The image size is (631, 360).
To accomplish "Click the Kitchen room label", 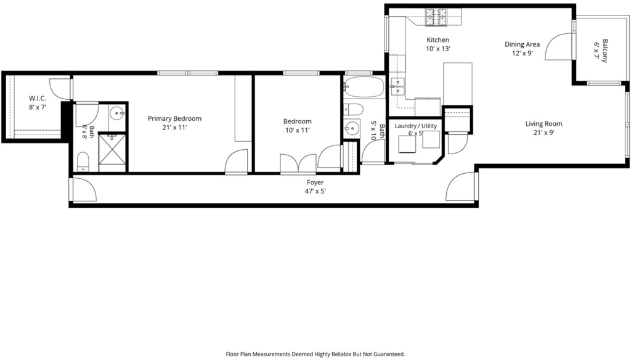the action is (438, 40).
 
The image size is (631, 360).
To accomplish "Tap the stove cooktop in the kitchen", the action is (437, 17).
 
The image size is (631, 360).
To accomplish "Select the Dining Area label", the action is (523, 44).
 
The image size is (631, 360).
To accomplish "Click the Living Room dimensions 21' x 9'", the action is (544, 133).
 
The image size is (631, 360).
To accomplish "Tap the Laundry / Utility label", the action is (416, 126).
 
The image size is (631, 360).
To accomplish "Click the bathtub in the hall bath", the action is (364, 87).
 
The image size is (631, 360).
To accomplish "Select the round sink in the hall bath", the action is (352, 128).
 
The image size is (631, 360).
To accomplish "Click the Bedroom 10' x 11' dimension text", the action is (298, 130).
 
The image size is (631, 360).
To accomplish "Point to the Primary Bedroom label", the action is (174, 118).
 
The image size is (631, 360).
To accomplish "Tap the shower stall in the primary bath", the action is (112, 149).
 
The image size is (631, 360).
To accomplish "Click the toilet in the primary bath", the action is (83, 162).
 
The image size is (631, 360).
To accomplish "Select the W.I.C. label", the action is (38, 98).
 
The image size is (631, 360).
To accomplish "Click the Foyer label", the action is (315, 182).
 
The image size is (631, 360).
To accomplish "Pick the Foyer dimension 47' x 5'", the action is (315, 191).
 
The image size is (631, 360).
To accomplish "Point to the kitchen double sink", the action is (397, 86).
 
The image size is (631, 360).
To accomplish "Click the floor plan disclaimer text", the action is (315, 354).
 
